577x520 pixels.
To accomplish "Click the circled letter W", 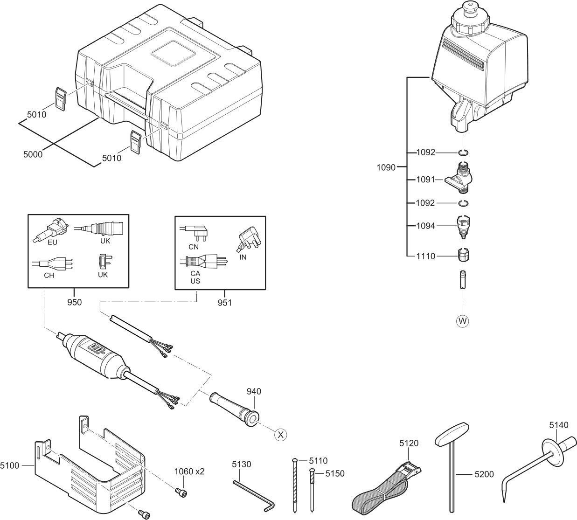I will tap(463, 321).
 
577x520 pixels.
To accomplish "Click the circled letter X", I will tap(280, 435).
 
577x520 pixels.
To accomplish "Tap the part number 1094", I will tap(425, 226).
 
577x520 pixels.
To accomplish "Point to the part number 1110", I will tap(425, 256).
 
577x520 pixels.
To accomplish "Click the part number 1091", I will tap(425, 179).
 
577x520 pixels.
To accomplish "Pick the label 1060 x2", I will tap(189, 471).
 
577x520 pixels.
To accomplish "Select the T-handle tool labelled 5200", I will tap(452, 466).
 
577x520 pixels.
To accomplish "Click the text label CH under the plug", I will tap(49, 275).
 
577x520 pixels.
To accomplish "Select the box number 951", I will tap(224, 302).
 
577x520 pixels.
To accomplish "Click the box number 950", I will tap(74, 302).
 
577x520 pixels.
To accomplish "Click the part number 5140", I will tap(558, 425).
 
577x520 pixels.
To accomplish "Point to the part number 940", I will tap(254, 391).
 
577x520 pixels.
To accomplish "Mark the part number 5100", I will tap(10, 465).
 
